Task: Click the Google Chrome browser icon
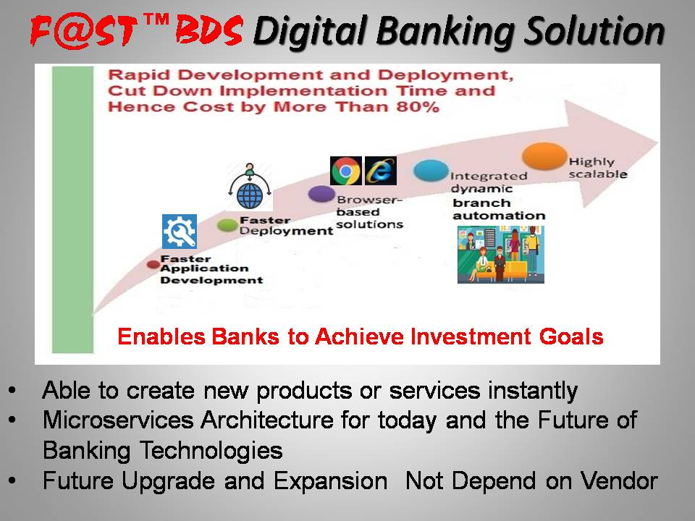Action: pos(346,171)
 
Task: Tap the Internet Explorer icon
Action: pos(381,171)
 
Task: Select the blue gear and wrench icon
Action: pos(180,232)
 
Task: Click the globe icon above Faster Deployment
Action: pos(250,187)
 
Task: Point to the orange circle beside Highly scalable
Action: pos(544,156)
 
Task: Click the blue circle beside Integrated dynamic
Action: pos(431,171)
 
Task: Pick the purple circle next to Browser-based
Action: pos(321,194)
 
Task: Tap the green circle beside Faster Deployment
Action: pos(227,225)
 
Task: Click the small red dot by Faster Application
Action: pos(153,265)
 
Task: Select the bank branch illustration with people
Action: pos(501,254)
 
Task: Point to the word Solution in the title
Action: pos(594,31)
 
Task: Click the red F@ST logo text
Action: pos(83,30)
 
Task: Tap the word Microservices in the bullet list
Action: pos(118,420)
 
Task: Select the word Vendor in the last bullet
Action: pos(619,480)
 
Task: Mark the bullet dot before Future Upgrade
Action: pos(12,480)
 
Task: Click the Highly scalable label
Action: pos(598,168)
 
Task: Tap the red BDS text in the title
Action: pos(208,30)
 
